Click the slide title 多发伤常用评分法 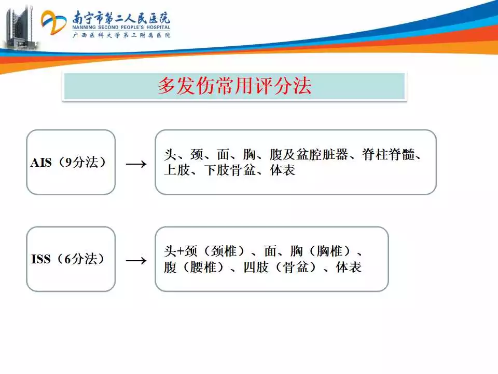234,86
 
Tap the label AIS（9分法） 68,163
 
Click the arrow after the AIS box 136,164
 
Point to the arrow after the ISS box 136,261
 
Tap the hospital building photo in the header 20,28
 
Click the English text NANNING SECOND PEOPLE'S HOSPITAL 121,28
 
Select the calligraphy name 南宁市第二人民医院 121,17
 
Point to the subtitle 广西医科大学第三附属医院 121,35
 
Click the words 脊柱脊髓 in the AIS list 389,155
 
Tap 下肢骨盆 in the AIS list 230,170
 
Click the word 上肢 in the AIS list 177,170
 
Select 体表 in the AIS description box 283,170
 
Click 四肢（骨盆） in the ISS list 280,267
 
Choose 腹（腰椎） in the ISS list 195,267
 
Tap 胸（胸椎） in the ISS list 321,251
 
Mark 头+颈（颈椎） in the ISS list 205,251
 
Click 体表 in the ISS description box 349,267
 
